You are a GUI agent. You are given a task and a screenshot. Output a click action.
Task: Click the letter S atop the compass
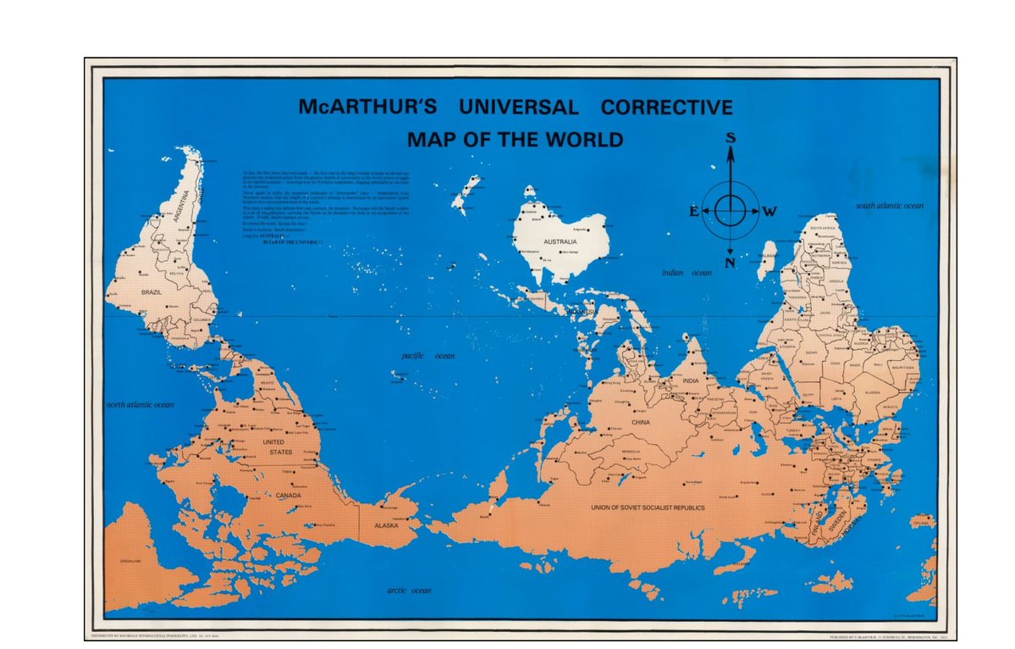click(x=731, y=137)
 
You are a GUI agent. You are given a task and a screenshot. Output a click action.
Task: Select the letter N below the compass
click(x=731, y=263)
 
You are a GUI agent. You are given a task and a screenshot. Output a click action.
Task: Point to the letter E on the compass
click(x=694, y=212)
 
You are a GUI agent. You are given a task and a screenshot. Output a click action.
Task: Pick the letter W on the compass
click(x=769, y=212)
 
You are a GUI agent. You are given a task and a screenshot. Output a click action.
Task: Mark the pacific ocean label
click(x=428, y=357)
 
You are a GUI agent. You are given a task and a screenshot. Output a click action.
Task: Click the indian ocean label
click(x=687, y=273)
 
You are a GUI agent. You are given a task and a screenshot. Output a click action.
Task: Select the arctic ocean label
click(x=409, y=590)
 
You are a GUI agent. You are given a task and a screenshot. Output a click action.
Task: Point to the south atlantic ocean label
click(x=889, y=206)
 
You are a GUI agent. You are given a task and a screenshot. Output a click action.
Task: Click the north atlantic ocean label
click(x=140, y=405)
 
